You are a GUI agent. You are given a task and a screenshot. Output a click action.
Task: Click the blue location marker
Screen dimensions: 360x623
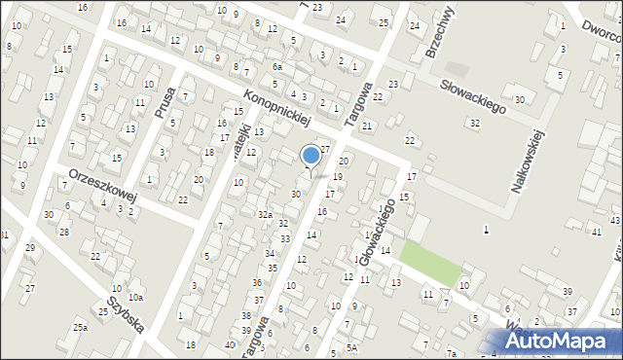(x=311, y=155)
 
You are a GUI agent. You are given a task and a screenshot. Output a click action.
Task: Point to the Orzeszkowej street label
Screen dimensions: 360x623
(x=102, y=183)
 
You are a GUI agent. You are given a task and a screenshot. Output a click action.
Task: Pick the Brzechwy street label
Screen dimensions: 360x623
(x=442, y=32)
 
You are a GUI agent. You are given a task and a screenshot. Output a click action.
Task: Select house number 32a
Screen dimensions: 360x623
(x=265, y=214)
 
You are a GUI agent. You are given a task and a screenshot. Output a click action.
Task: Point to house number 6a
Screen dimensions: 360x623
(x=277, y=66)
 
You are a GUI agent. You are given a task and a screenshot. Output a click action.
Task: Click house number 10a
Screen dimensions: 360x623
(x=135, y=297)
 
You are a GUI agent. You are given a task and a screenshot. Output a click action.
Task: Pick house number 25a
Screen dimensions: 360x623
(x=80, y=328)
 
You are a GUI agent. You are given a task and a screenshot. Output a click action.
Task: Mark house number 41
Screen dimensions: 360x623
(x=596, y=231)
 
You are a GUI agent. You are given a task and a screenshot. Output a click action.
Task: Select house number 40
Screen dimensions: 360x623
(x=229, y=344)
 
